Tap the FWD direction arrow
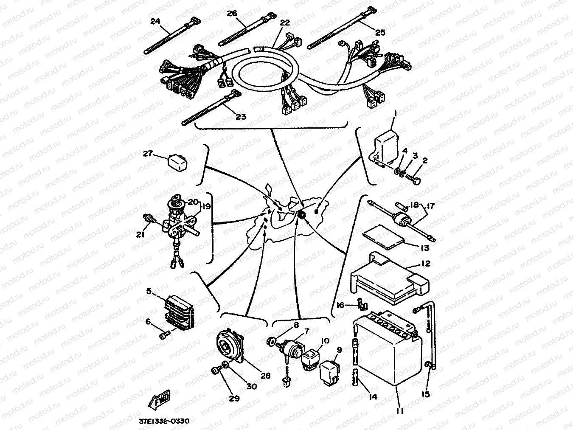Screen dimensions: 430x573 [x=160, y=399]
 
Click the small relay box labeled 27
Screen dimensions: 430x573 [x=177, y=162]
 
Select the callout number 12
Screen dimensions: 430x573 [x=426, y=264]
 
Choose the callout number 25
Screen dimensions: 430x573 [x=380, y=32]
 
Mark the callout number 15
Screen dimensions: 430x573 [x=426, y=394]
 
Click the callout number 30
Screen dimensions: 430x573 [x=251, y=387]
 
